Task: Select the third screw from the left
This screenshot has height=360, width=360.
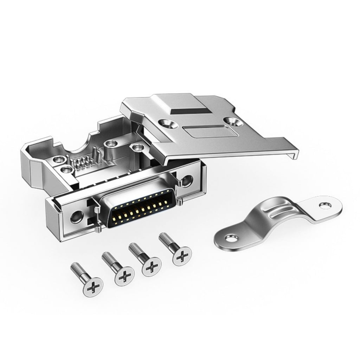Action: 151,266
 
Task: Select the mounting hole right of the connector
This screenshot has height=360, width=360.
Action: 186,181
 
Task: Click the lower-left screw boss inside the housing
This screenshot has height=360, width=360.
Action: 65,170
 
